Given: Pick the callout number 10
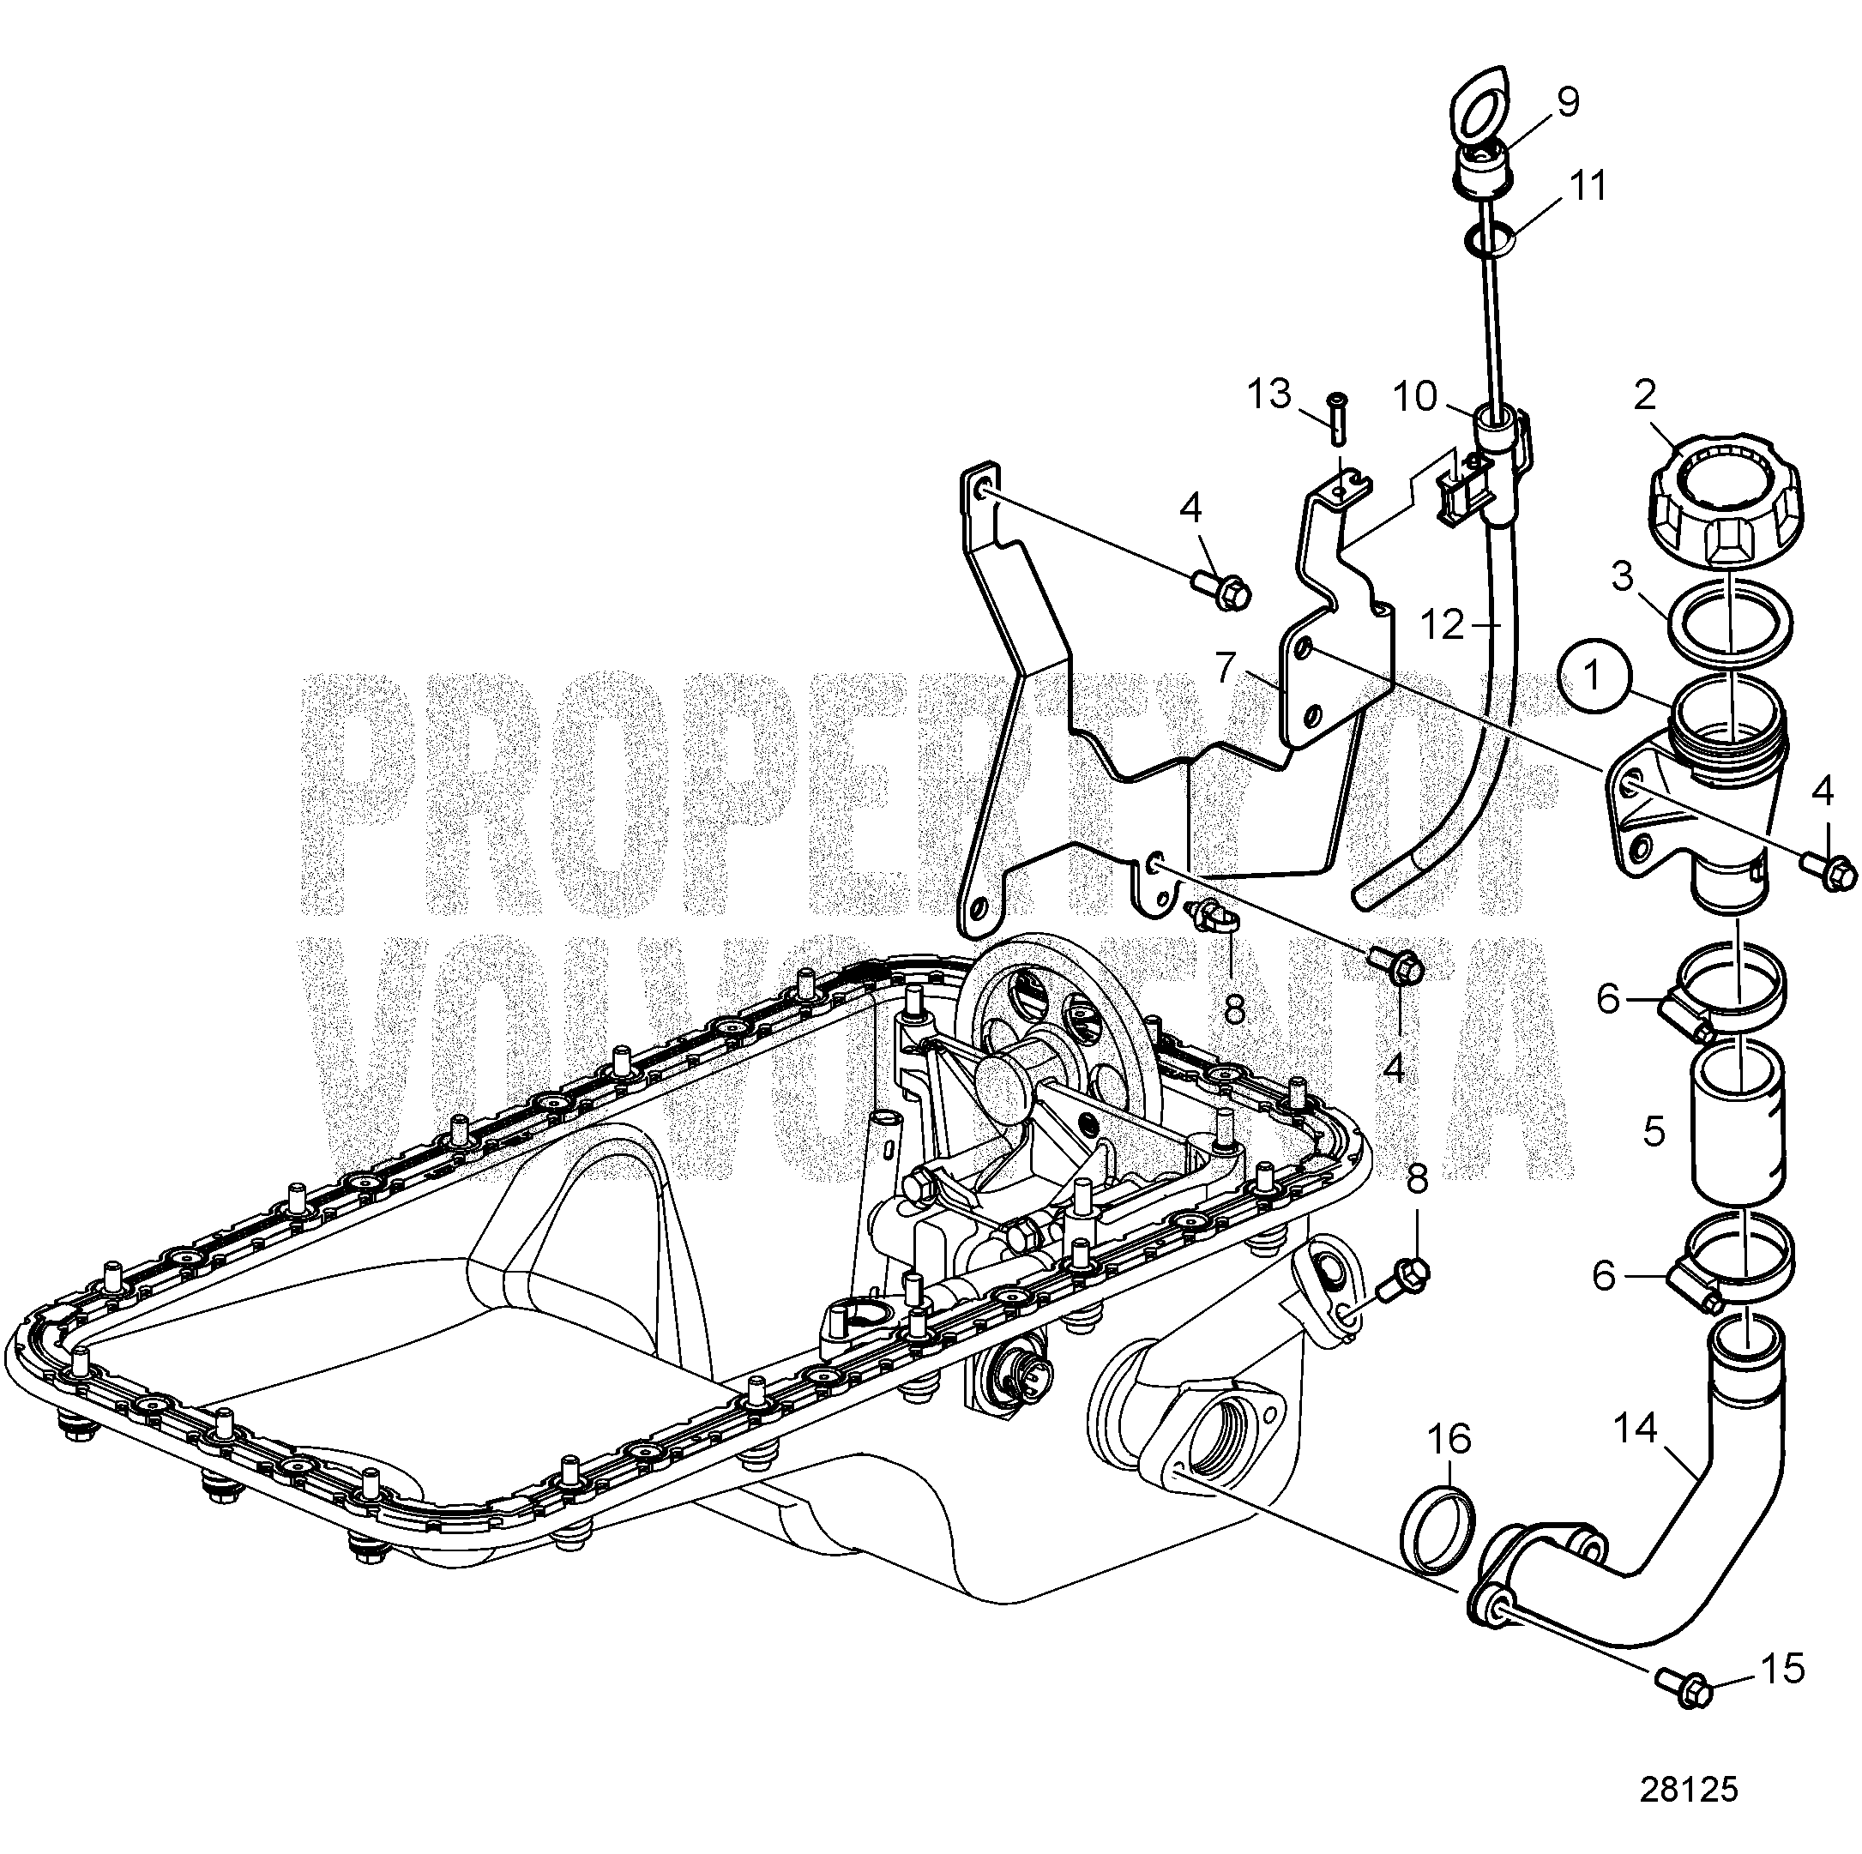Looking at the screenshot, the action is [1415, 397].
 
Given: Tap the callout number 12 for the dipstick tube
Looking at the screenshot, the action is [1443, 626].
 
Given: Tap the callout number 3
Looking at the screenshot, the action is [1624, 577].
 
